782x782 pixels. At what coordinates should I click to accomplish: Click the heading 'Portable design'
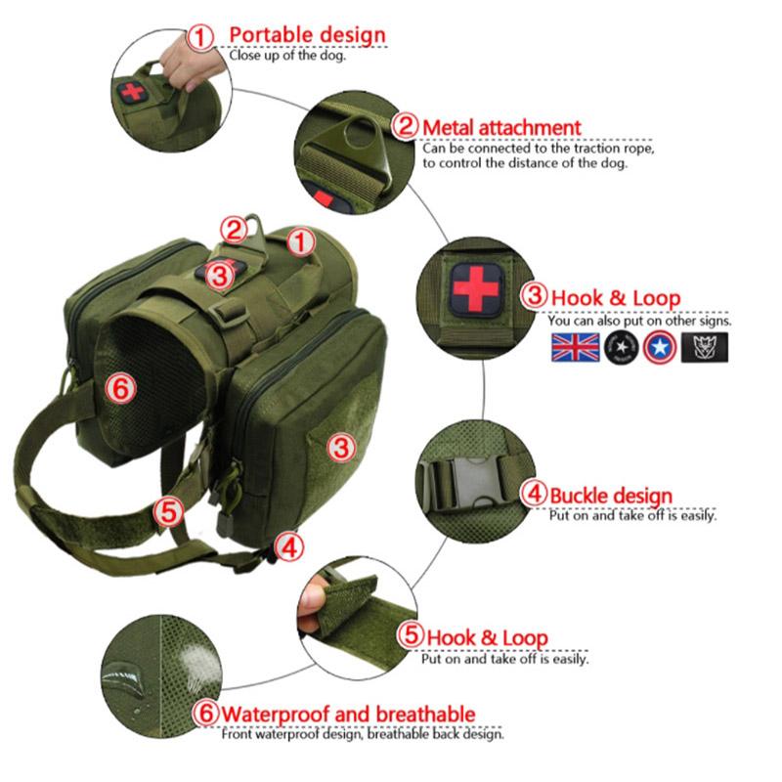point(307,35)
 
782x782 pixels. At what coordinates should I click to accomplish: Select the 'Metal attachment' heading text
point(500,127)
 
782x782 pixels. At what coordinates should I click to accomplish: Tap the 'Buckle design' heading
point(610,496)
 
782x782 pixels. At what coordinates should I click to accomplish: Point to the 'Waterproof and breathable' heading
point(348,714)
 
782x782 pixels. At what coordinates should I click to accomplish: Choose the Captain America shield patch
point(656,346)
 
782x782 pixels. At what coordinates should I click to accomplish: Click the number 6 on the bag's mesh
point(120,388)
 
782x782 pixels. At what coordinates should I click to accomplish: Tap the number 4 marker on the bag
point(289,546)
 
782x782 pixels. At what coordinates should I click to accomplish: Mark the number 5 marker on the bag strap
point(169,509)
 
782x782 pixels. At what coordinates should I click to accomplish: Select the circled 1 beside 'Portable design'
point(200,36)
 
